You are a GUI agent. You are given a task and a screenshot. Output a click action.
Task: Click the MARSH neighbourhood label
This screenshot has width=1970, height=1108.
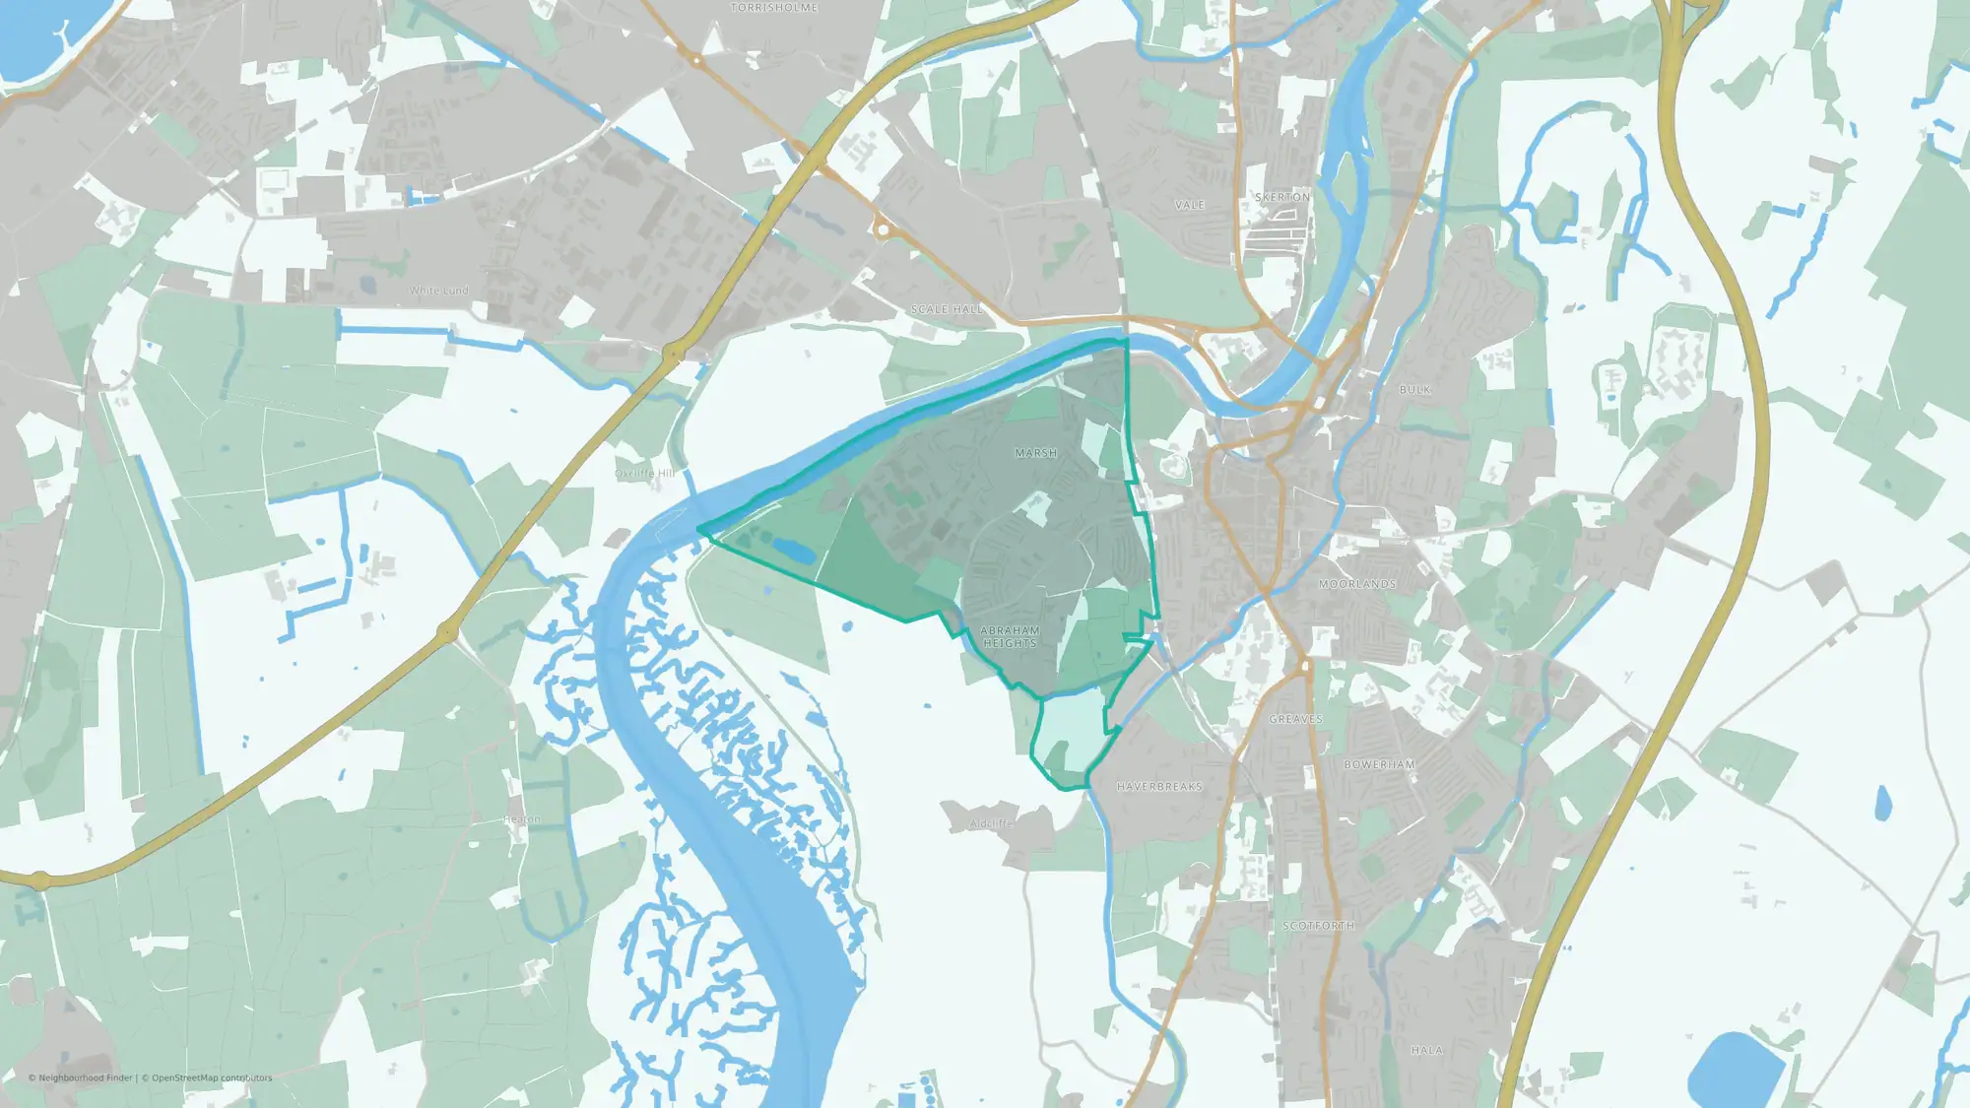pos(1035,454)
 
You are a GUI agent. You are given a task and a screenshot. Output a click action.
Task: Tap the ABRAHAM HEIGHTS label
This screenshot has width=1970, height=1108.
pos(1010,637)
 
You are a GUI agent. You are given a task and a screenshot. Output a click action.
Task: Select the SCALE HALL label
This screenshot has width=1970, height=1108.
pos(947,309)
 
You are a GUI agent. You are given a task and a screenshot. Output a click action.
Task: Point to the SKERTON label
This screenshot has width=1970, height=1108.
pos(1282,198)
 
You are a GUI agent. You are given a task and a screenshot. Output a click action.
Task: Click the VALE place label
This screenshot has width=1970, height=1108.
pos(1189,205)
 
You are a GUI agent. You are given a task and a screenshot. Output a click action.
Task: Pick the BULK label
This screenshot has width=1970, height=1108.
pos(1414,390)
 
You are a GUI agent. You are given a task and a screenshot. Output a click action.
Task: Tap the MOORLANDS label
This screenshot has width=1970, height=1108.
pos(1357,585)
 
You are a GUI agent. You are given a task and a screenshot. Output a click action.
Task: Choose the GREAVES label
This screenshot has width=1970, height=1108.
pos(1295,720)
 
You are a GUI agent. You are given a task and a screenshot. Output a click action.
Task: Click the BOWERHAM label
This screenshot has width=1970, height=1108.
pos(1379,765)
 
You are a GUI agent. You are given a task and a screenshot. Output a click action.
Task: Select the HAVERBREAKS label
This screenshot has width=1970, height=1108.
pos(1159,787)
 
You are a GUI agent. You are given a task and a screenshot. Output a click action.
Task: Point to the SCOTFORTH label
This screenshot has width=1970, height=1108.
pos(1318,927)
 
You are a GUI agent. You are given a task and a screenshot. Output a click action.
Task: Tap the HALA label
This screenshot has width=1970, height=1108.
pos(1426,1051)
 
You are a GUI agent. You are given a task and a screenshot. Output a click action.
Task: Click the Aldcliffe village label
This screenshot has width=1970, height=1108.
pos(991,823)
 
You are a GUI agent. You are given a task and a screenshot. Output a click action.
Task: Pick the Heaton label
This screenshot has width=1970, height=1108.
pos(521,819)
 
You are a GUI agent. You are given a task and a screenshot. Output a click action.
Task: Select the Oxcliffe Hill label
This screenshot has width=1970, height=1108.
pos(645,474)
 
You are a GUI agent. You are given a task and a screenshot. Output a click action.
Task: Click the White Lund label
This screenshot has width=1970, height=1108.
pos(438,291)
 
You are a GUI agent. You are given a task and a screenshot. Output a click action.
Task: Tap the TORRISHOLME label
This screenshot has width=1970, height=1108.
pos(774,8)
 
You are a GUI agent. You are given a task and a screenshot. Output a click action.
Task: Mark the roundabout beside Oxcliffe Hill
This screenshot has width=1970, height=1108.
pos(675,353)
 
